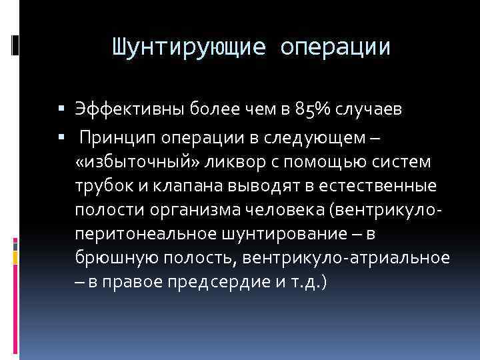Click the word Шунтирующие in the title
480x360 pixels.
point(187,48)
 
